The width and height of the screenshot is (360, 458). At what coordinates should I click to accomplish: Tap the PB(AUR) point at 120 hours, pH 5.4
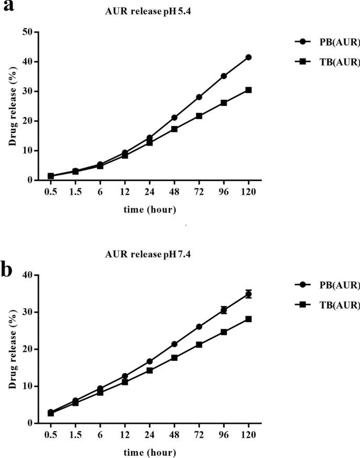(x=248, y=57)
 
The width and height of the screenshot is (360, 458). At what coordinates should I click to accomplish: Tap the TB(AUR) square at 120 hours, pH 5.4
(x=248, y=90)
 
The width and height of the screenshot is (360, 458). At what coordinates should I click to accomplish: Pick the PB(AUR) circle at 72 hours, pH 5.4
(x=199, y=97)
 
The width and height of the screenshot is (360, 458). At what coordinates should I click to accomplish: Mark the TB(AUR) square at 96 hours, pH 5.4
(x=223, y=102)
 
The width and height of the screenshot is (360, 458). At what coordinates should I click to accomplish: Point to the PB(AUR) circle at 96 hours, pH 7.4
(x=223, y=310)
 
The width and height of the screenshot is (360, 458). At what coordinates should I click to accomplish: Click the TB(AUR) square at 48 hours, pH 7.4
(x=174, y=358)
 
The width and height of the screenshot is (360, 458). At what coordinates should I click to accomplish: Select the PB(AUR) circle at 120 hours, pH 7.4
(x=248, y=294)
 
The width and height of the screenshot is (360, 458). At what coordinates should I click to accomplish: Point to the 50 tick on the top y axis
(x=27, y=32)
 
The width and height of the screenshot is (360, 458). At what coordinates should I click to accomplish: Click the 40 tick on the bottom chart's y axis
(x=27, y=275)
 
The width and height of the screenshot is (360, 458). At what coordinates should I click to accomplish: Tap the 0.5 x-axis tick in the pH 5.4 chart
(x=50, y=191)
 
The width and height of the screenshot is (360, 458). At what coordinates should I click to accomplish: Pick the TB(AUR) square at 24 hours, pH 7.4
(x=149, y=370)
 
